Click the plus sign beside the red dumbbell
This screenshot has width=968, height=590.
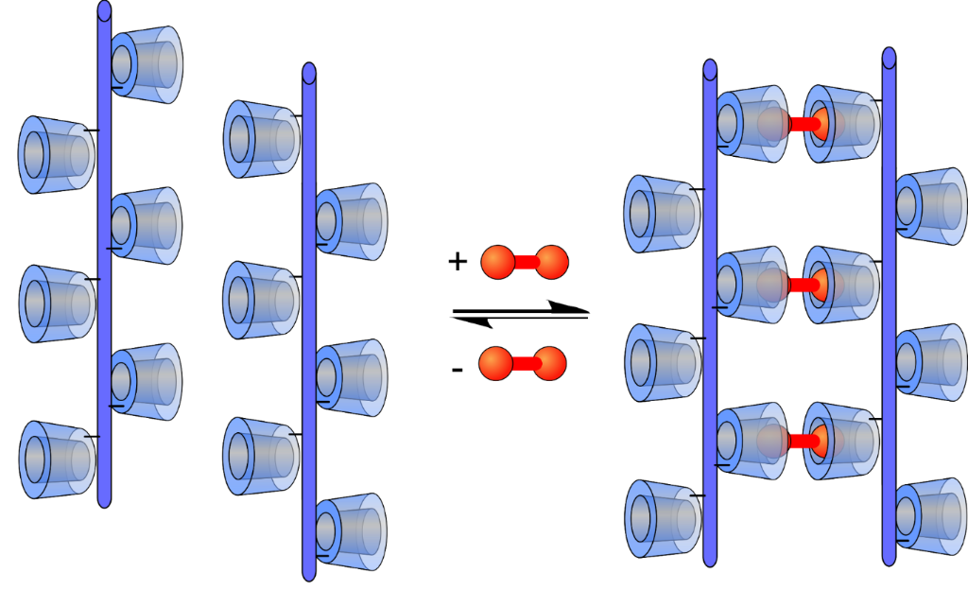coord(458,262)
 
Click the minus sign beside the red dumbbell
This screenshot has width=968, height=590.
coord(458,368)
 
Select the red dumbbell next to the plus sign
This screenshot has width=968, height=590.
coord(525,263)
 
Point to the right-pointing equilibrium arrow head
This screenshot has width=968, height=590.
coord(567,306)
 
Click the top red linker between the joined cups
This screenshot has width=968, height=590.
coord(804,124)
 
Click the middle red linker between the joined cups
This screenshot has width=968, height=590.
coord(804,283)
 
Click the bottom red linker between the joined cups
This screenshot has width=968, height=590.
coord(804,441)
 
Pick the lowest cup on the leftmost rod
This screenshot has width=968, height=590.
coord(57,460)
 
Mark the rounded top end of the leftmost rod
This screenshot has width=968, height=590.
coord(104,10)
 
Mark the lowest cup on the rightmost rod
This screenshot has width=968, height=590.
coord(930,515)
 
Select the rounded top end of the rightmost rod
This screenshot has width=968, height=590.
coord(889,57)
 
